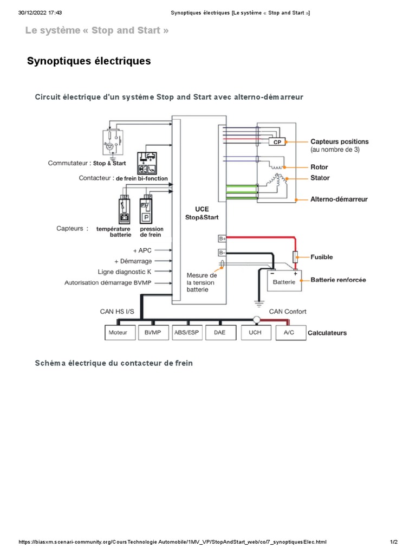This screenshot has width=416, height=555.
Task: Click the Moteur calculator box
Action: [x=118, y=332]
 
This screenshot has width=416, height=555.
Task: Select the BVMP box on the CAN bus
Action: [x=153, y=332]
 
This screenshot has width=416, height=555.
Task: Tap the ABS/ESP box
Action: [x=187, y=332]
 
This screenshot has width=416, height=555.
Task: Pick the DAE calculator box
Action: [x=219, y=332]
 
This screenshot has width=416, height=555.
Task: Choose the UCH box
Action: [x=255, y=332]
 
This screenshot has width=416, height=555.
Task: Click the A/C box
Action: [x=289, y=332]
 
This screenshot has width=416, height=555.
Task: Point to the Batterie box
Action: [x=284, y=281]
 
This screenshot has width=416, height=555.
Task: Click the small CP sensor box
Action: [x=277, y=142]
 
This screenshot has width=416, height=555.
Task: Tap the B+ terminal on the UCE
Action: [x=222, y=238]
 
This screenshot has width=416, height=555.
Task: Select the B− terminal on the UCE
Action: [x=222, y=252]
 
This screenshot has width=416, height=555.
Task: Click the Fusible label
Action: [x=322, y=257]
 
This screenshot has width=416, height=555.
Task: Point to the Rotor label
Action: [x=319, y=167]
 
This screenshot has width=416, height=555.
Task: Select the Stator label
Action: [x=320, y=178]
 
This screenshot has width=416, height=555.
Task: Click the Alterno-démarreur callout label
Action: [x=339, y=199]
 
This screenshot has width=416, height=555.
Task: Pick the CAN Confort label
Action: [x=288, y=311]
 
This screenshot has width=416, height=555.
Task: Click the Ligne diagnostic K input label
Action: [x=132, y=272]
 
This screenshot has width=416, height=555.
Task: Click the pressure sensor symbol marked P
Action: [x=146, y=216]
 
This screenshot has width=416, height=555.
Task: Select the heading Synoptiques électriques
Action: [x=89, y=61]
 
